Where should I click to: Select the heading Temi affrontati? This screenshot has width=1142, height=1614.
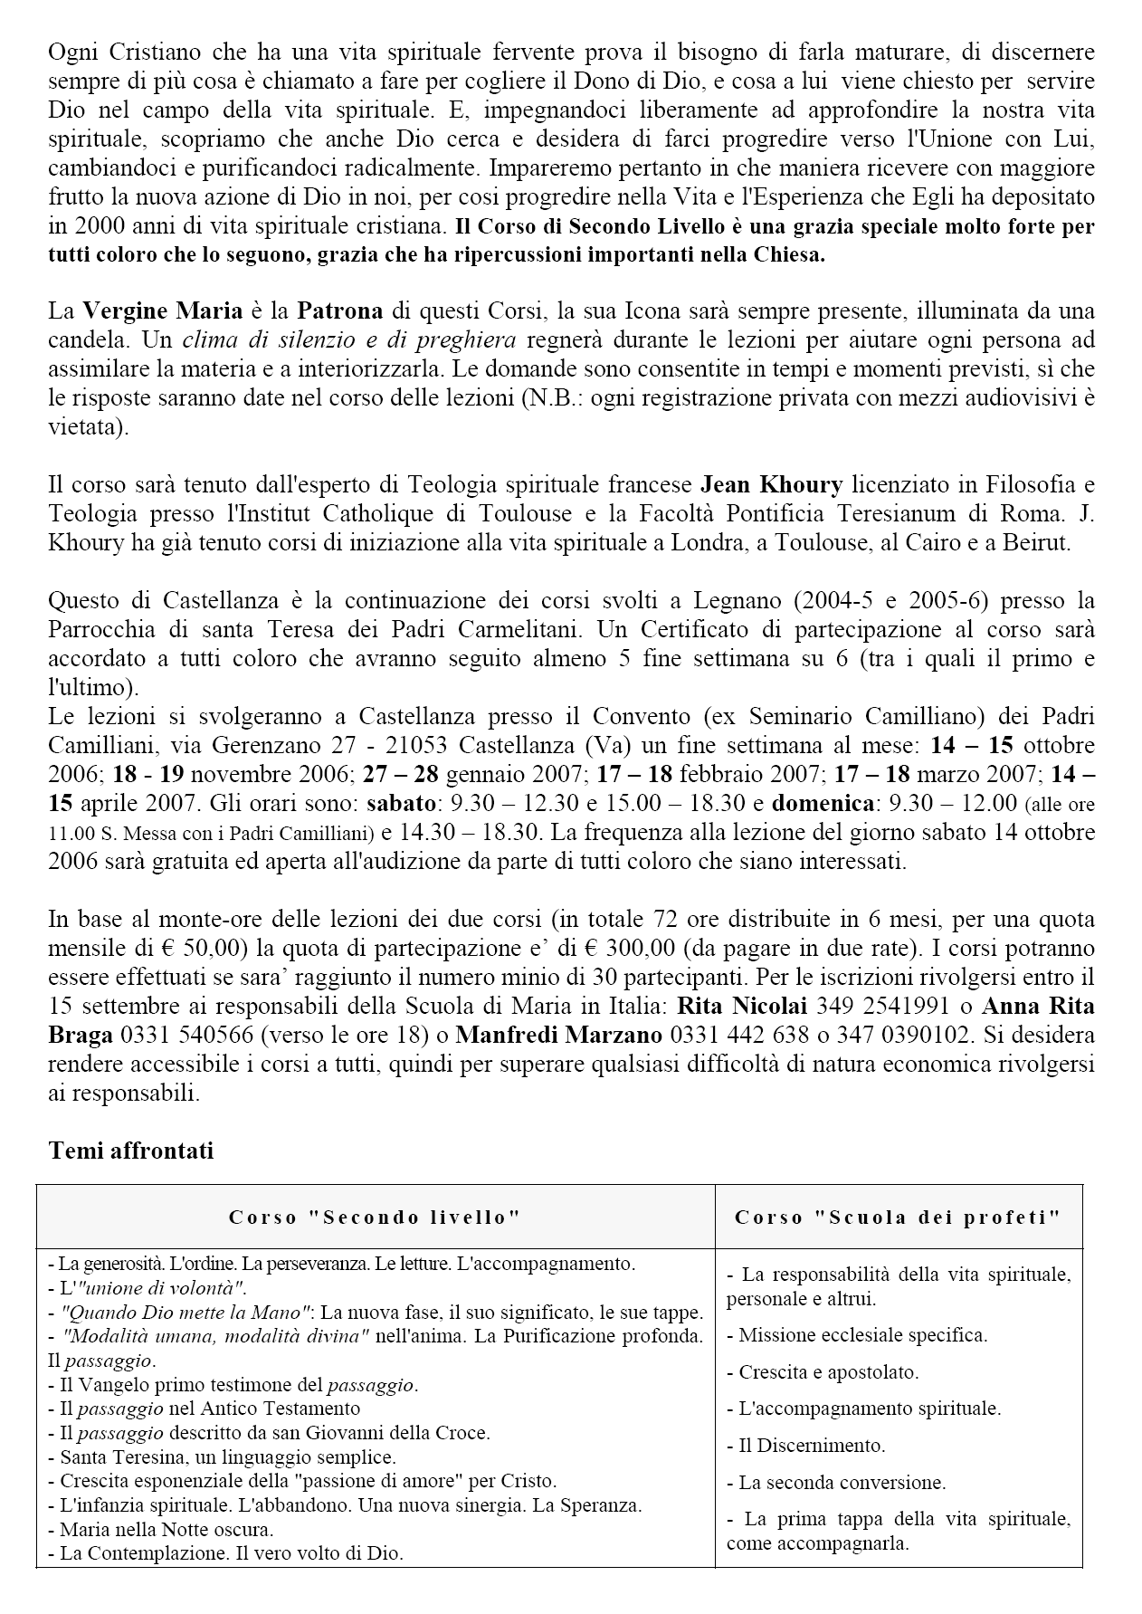tap(131, 1151)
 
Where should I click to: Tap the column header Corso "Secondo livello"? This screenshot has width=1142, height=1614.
tap(375, 1217)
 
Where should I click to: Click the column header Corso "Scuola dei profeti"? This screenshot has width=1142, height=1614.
tap(897, 1217)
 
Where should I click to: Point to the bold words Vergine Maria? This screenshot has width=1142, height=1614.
tap(163, 311)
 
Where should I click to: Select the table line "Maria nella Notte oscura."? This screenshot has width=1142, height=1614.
tap(166, 1529)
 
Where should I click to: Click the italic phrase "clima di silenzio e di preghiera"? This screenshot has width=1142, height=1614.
tap(348, 340)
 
